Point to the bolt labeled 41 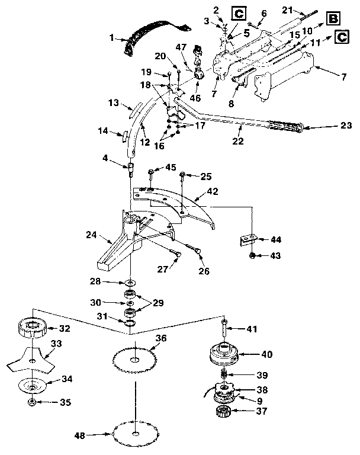(225, 325)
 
